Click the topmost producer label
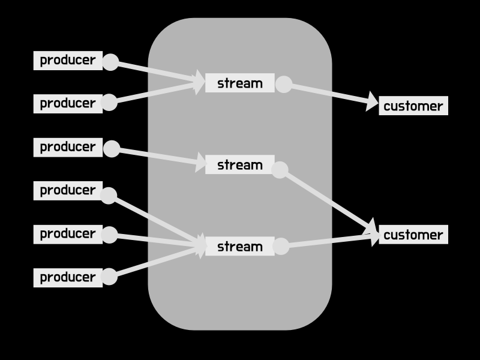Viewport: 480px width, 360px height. point(68,60)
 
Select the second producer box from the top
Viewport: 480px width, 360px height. point(68,103)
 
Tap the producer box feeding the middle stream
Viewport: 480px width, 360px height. point(68,147)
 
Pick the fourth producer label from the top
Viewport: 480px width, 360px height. point(68,190)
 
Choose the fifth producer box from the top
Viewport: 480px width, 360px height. point(68,233)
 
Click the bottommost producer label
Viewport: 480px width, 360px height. point(68,277)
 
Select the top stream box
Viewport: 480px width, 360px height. point(239,83)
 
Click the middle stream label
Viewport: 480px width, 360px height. point(239,164)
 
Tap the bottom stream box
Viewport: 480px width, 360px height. point(239,246)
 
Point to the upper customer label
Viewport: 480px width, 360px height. point(413,106)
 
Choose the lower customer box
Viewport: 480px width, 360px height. point(413,235)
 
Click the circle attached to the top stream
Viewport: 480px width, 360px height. point(283,85)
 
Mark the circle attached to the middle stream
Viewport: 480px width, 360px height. point(280,170)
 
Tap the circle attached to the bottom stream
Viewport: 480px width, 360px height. point(281,245)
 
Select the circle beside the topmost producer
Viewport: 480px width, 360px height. point(110,62)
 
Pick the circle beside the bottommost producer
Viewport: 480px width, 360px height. point(109,277)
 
